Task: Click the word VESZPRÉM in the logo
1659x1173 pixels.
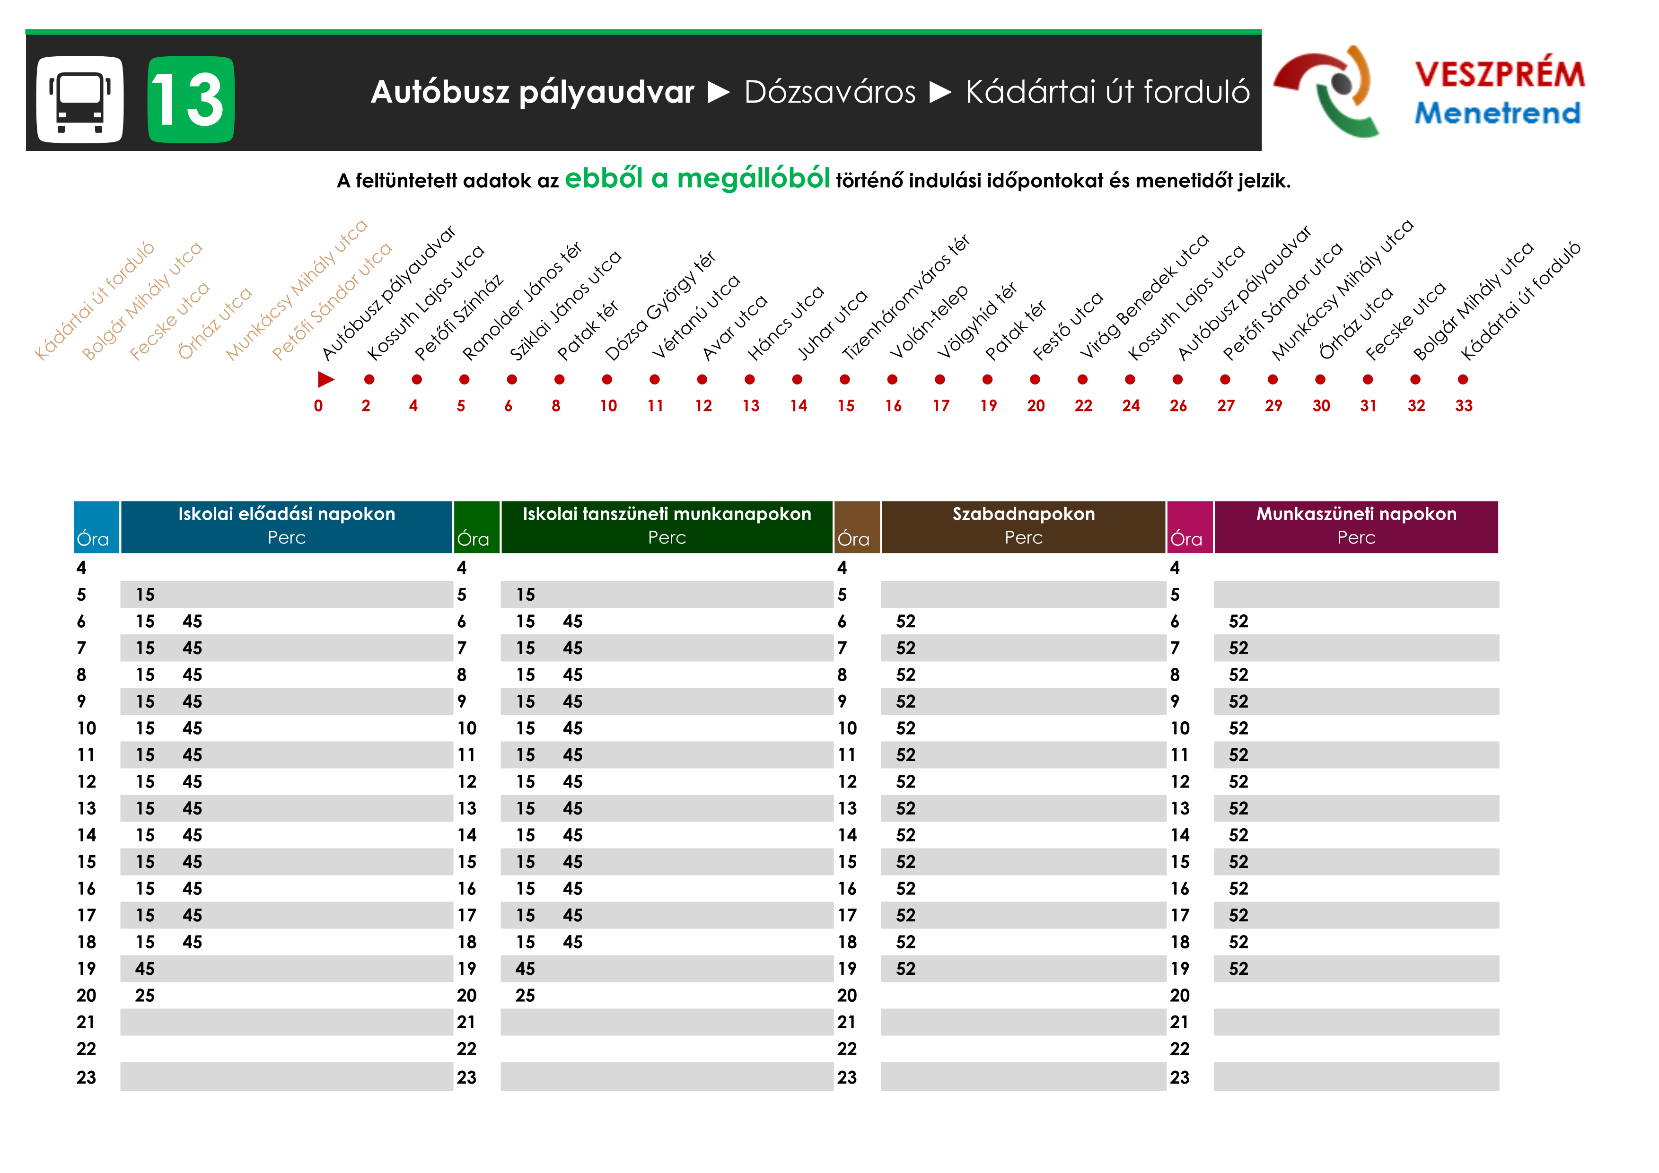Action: click(1499, 74)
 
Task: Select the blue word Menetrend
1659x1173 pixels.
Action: click(1497, 113)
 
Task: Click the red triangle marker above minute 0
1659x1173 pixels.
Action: click(326, 379)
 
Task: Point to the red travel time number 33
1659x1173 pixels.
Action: click(1463, 406)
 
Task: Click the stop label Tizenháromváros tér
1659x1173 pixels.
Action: click(906, 298)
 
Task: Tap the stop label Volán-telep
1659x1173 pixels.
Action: click(929, 322)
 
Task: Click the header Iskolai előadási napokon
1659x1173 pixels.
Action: click(286, 514)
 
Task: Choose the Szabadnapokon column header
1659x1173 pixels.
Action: click(1023, 514)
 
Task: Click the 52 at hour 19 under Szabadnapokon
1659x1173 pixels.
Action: click(905, 969)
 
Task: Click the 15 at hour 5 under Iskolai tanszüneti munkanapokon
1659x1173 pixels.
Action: click(525, 595)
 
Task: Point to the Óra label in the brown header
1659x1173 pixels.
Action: click(853, 539)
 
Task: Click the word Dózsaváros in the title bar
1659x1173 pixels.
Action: click(830, 92)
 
